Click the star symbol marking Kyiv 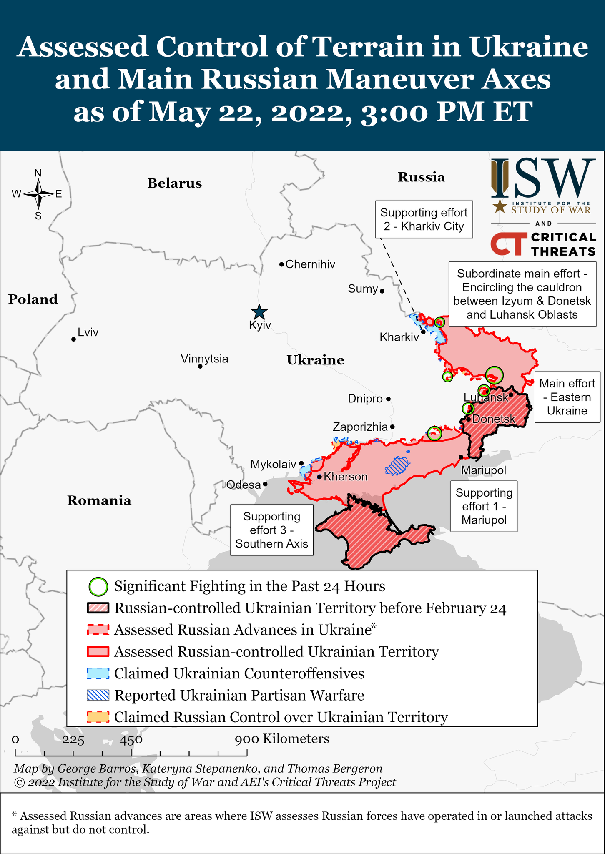pyautogui.click(x=259, y=312)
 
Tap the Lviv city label pyautogui.click(x=88, y=332)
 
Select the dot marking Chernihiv pyautogui.click(x=281, y=264)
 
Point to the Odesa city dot pyautogui.click(x=265, y=485)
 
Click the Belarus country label pyautogui.click(x=174, y=183)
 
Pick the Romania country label pyautogui.click(x=99, y=500)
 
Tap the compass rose pyautogui.click(x=38, y=194)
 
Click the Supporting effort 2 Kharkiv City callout pyautogui.click(x=424, y=219)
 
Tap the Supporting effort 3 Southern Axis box pyautogui.click(x=272, y=530)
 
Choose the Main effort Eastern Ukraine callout pyautogui.click(x=567, y=397)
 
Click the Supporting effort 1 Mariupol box pyautogui.click(x=484, y=506)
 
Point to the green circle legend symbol pyautogui.click(x=98, y=587)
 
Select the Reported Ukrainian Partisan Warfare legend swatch pyautogui.click(x=98, y=695)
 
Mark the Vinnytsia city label pyautogui.click(x=204, y=359)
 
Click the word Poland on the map pyautogui.click(x=33, y=299)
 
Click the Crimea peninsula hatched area pyautogui.click(x=367, y=534)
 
